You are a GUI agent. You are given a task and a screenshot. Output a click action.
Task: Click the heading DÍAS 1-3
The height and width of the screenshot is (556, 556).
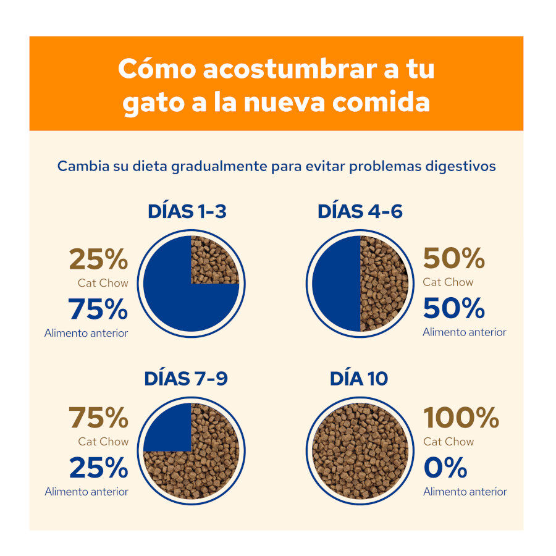(x=187, y=212)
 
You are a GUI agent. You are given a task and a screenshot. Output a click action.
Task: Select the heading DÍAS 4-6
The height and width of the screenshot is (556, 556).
(x=360, y=212)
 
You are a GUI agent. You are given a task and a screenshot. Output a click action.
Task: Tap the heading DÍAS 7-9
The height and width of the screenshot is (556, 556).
(x=186, y=379)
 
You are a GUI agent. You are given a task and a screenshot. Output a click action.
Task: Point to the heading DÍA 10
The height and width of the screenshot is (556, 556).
(x=359, y=379)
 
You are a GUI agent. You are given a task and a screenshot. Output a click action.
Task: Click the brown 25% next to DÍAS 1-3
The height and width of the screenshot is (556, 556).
(x=98, y=259)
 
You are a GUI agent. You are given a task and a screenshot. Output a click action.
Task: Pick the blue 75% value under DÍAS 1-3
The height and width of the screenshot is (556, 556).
(x=98, y=310)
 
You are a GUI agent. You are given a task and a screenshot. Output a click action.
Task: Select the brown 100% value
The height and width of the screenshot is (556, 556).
(x=461, y=418)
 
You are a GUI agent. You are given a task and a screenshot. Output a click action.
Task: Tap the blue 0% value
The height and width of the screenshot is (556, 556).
(x=445, y=468)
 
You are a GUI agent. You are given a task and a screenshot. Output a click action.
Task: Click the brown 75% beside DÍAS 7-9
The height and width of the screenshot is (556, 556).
(x=98, y=418)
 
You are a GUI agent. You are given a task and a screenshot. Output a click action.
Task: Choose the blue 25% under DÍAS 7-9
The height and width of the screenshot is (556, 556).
(x=98, y=468)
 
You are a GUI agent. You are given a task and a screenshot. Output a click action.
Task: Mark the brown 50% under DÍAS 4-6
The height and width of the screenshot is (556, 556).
(x=453, y=259)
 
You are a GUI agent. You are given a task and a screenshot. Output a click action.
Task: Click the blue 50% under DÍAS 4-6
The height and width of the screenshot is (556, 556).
(x=453, y=308)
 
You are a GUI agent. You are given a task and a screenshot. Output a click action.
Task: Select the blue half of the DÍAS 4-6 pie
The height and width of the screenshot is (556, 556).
(x=337, y=284)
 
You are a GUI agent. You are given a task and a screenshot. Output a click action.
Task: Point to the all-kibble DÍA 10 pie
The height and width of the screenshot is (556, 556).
(x=360, y=451)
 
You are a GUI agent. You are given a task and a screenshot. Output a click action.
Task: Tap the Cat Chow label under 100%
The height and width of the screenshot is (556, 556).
(x=449, y=442)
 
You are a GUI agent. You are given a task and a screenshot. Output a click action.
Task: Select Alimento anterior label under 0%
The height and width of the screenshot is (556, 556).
(x=465, y=492)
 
